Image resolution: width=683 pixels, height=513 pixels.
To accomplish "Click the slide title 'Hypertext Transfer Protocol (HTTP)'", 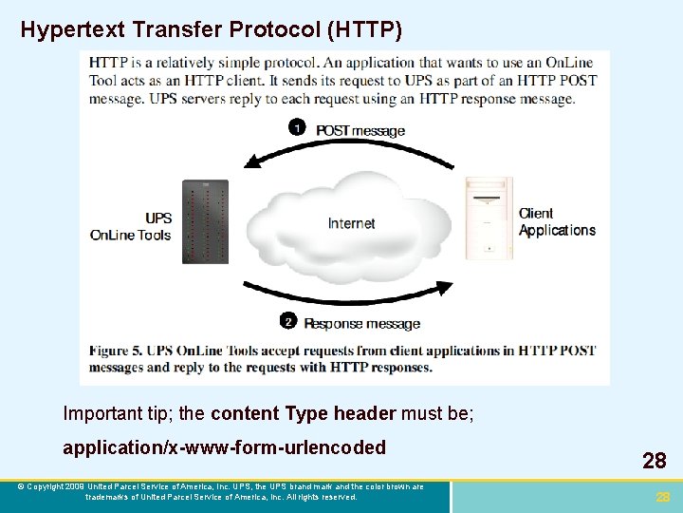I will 211,30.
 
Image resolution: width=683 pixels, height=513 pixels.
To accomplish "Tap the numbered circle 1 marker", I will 297,127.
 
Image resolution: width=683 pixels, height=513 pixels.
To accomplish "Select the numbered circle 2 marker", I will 288,321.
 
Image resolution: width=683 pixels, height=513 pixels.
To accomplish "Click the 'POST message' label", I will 360,130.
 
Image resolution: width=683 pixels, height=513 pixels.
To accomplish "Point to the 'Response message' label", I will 362,323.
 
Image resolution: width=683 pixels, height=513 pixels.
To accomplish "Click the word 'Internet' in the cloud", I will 351,223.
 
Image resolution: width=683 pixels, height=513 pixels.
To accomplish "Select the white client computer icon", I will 489,218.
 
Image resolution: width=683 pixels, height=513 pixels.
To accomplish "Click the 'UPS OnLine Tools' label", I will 131,226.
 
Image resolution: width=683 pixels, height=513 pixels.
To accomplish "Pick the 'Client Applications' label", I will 557,221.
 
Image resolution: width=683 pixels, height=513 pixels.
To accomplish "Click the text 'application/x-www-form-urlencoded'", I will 224,447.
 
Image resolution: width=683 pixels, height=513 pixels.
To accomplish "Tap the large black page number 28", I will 654,462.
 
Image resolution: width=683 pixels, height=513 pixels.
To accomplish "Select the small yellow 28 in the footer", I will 663,497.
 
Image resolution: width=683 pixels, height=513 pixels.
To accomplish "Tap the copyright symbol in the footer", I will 21,486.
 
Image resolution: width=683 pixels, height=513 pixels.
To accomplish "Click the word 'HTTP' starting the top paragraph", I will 108,62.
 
